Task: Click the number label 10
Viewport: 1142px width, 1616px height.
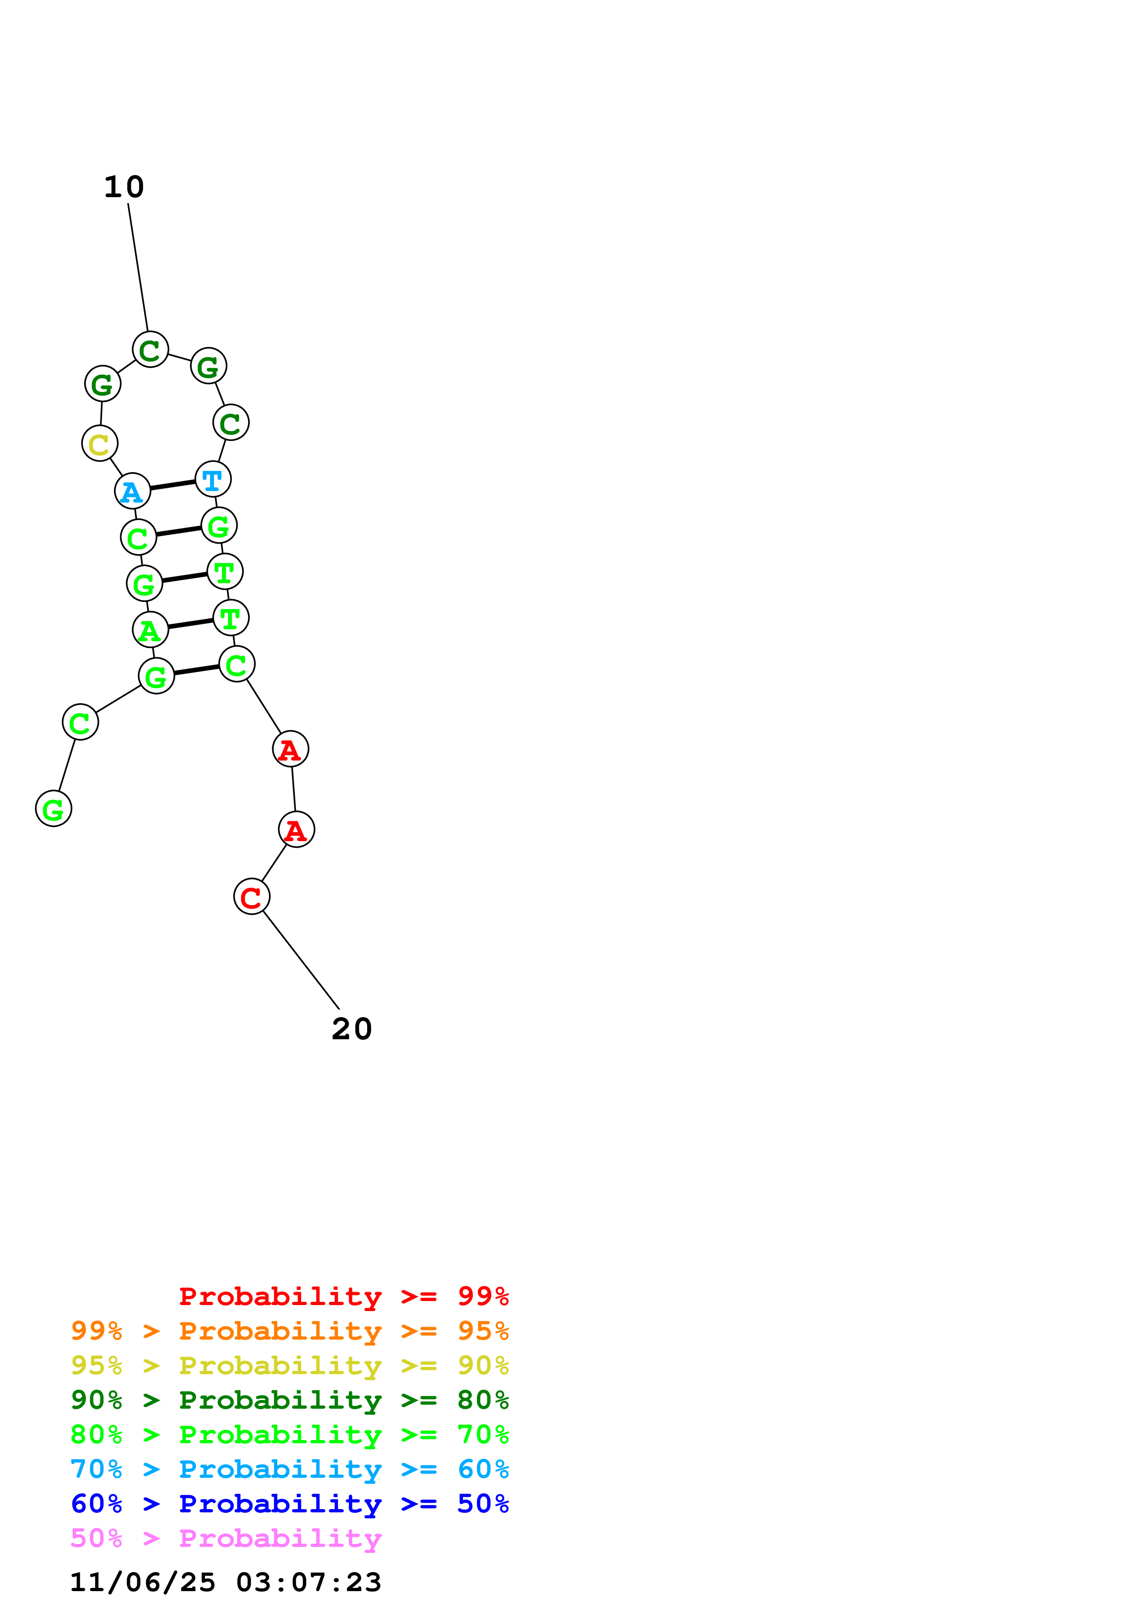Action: click(124, 187)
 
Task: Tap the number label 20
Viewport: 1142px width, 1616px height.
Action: click(352, 1029)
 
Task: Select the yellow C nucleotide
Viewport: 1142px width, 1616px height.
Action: click(99, 444)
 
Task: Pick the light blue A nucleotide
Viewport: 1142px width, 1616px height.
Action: click(132, 491)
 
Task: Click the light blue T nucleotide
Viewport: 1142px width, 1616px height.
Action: click(212, 479)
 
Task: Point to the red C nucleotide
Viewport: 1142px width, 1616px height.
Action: click(251, 897)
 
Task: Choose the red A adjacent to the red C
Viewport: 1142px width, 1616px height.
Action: click(296, 830)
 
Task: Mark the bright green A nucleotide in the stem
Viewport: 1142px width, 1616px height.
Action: click(150, 629)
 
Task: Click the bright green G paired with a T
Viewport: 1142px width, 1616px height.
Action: click(144, 584)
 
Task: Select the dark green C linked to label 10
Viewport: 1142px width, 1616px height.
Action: click(150, 349)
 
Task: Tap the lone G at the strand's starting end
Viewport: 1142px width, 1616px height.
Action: click(53, 809)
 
